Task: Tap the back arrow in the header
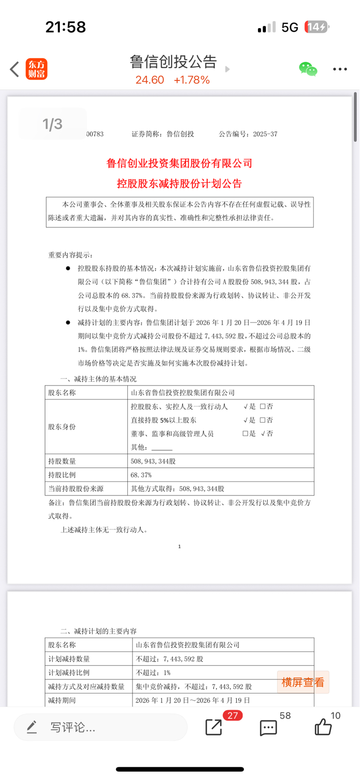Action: (x=15, y=69)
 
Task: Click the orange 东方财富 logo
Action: (x=37, y=69)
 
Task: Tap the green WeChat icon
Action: (x=308, y=69)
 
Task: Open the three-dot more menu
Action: (x=340, y=69)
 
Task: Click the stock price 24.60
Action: (x=150, y=80)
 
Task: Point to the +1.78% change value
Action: (x=191, y=80)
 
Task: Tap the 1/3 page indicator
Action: (x=52, y=124)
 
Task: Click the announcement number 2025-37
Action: (x=265, y=134)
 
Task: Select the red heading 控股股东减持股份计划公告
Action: (x=179, y=183)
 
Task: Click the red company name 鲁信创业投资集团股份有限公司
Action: (x=179, y=163)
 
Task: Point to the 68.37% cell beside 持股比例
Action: (x=141, y=475)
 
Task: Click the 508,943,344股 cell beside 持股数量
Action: (x=153, y=461)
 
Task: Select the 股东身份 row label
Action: (x=62, y=427)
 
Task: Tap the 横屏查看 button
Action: (x=303, y=682)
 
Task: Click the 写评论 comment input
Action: (x=101, y=727)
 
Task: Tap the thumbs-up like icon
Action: (x=323, y=727)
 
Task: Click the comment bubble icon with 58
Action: (x=268, y=728)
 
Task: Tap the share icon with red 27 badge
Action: (x=214, y=727)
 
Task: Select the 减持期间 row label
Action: (x=62, y=700)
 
